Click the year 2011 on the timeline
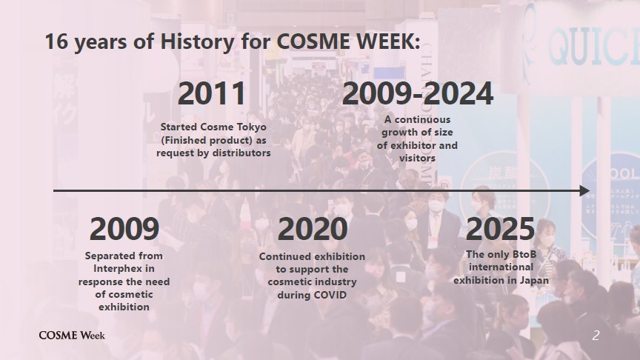point(212,93)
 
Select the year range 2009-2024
point(418,93)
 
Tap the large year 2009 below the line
point(124,229)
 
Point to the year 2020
point(313,229)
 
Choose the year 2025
point(500,229)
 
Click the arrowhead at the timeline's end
point(585,190)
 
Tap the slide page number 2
point(596,336)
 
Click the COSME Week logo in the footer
point(72,336)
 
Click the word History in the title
point(198,41)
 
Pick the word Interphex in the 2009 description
point(124,269)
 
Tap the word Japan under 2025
point(534,281)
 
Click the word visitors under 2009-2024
point(417,158)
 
